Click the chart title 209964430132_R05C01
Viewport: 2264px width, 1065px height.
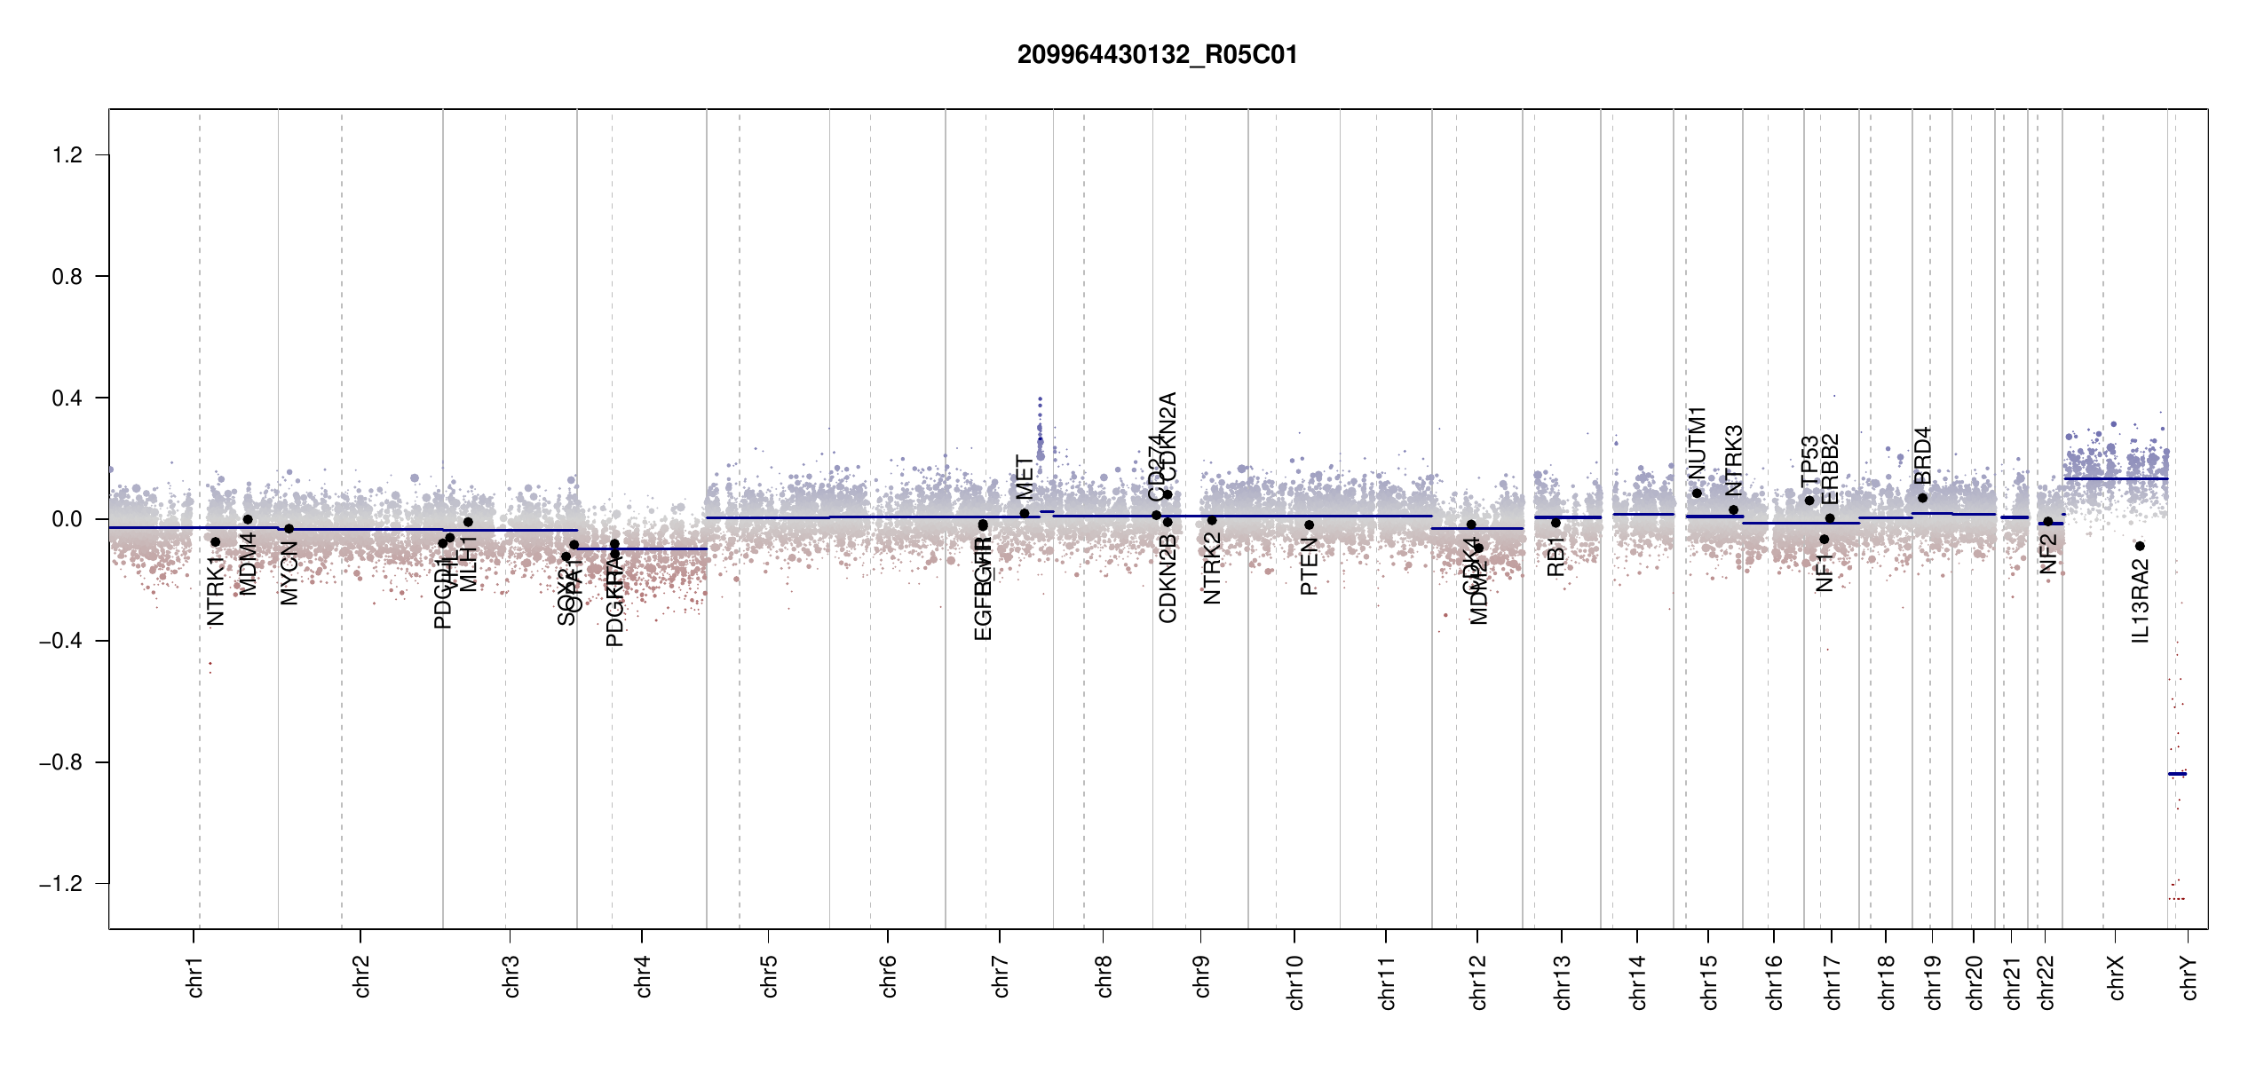tap(1157, 55)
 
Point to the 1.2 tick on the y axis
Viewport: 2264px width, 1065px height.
tap(67, 155)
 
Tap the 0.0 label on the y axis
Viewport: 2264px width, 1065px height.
tap(67, 519)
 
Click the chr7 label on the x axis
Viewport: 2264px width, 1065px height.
tap(1001, 976)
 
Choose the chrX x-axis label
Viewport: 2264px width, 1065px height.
tap(2116, 978)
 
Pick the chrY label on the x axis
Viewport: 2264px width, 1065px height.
tap(2189, 978)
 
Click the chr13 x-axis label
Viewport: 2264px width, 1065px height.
tap(1562, 982)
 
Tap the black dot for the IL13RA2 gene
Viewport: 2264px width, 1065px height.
tap(2140, 546)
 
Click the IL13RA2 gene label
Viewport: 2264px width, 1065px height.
tap(2141, 601)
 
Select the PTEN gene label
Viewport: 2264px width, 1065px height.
tap(1309, 566)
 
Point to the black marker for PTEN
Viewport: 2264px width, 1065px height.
tap(1309, 525)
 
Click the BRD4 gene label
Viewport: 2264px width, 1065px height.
tap(1922, 455)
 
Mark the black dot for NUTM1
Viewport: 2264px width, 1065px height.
tap(1697, 493)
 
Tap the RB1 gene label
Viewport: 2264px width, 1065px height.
tap(1556, 556)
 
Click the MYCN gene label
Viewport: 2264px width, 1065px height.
tap(289, 573)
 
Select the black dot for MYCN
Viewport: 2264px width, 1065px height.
tap(289, 529)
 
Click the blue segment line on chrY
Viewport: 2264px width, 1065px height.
tap(2177, 774)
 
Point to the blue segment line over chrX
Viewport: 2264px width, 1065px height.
tap(2116, 479)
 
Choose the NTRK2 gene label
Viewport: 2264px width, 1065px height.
tap(1213, 568)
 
